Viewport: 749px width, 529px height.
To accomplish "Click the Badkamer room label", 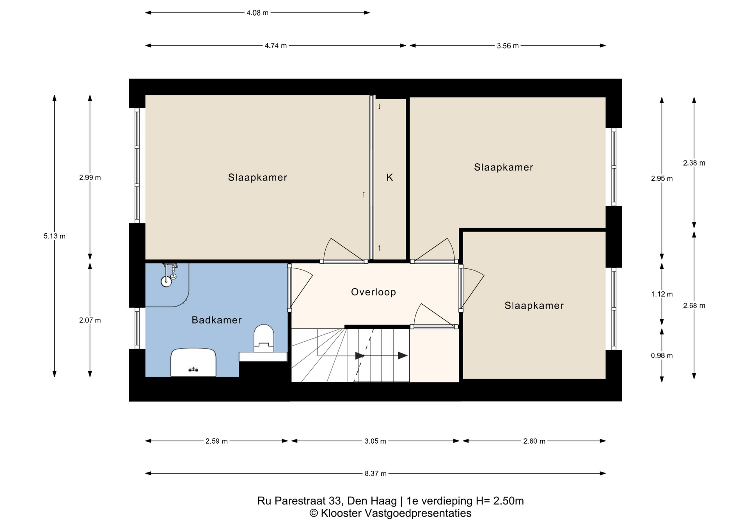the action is point(217,320).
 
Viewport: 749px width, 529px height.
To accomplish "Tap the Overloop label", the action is point(373,292).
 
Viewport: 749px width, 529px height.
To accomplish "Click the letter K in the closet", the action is point(389,178).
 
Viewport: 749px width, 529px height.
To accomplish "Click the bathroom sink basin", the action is point(193,363).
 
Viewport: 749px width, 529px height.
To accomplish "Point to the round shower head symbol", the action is point(166,281).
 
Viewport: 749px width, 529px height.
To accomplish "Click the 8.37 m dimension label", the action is point(375,474).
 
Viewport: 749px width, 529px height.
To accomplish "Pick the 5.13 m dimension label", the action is point(55,236).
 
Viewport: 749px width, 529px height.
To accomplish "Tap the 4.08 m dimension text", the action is point(257,13).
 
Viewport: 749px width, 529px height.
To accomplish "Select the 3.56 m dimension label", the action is point(508,46).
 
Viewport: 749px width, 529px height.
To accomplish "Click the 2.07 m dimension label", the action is point(90,320).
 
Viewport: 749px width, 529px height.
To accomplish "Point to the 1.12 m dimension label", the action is point(662,294).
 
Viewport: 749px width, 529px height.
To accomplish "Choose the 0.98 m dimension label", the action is point(662,355).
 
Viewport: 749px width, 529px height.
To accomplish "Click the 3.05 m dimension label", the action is point(375,441).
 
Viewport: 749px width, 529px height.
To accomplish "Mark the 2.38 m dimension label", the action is point(694,163).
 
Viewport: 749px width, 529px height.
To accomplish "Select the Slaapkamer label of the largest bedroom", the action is point(257,178).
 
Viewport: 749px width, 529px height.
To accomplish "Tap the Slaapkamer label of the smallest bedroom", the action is point(534,305).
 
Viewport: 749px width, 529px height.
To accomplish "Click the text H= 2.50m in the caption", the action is point(499,501).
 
